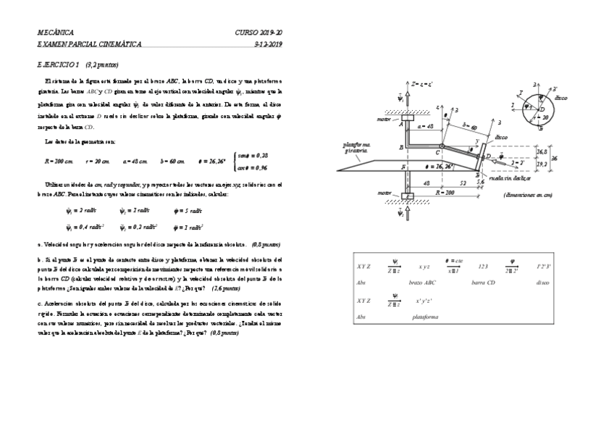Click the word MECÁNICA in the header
click(55, 33)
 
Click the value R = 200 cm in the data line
click(59, 162)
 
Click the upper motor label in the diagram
click(384, 120)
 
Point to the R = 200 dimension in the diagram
click(446, 193)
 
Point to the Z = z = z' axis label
click(422, 84)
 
